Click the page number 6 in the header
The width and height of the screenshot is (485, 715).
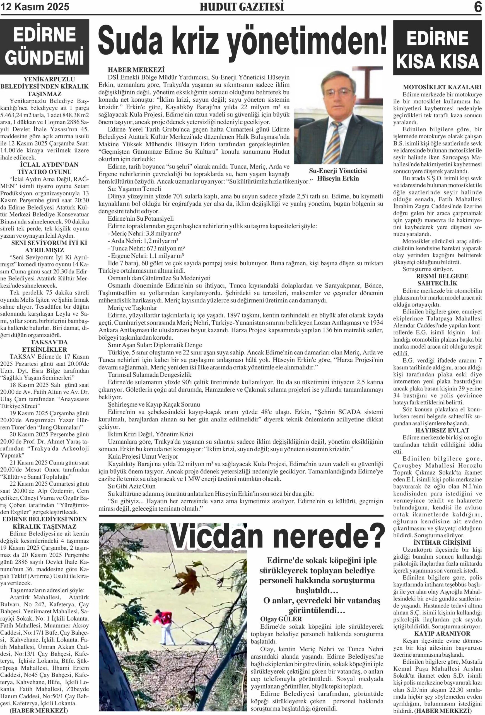[x=478, y=7]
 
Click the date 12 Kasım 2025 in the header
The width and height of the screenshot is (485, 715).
[x=35, y=7]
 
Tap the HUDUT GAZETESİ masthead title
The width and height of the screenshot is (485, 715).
[x=242, y=7]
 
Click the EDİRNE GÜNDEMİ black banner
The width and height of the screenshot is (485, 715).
[x=45, y=46]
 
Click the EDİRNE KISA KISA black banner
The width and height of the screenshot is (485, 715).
[x=437, y=48]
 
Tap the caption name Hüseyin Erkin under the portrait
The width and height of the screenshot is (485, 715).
[x=337, y=178]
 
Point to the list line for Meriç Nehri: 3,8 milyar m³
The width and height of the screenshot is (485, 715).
[x=143, y=234]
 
